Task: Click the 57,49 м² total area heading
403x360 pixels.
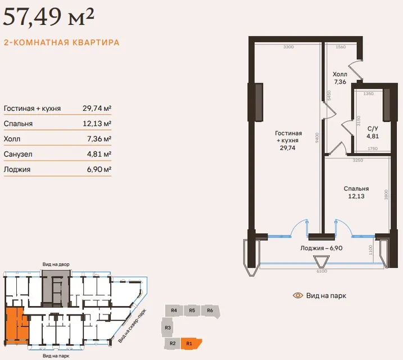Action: tap(48, 17)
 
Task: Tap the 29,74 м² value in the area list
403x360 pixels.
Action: tap(97, 108)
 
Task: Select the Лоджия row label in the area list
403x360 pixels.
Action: tap(17, 169)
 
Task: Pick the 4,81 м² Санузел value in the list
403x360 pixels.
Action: tap(99, 154)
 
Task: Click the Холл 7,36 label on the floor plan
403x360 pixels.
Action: tap(340, 78)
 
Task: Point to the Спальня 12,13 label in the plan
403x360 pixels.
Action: tap(356, 192)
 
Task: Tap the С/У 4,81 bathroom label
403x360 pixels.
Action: tap(373, 132)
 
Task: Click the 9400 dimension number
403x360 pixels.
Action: tap(317, 138)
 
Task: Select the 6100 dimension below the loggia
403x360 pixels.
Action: tap(322, 271)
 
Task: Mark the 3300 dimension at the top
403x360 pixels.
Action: tap(288, 47)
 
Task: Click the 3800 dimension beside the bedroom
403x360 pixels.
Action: tap(386, 195)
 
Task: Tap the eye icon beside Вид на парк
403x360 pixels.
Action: tap(298, 295)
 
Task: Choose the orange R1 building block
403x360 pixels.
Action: tap(191, 344)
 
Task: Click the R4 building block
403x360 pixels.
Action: tap(174, 310)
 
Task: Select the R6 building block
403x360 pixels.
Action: tap(211, 311)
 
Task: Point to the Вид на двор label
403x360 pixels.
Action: tap(56, 264)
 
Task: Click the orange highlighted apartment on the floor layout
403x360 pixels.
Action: tap(15, 325)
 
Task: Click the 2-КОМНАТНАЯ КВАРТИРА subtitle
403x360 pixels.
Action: tap(62, 42)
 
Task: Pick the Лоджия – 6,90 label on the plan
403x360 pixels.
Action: tap(322, 248)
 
